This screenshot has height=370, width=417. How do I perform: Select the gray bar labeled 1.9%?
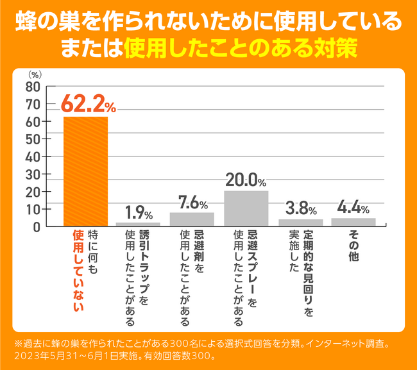coord(139,224)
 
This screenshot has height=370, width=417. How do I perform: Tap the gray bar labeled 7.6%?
coord(192,219)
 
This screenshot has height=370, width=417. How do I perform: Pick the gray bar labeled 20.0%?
coord(246,208)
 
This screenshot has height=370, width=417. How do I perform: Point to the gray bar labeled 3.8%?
coord(300,223)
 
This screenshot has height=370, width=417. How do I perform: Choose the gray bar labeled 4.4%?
coord(353,222)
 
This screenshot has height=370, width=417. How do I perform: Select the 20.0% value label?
coord(248,180)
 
